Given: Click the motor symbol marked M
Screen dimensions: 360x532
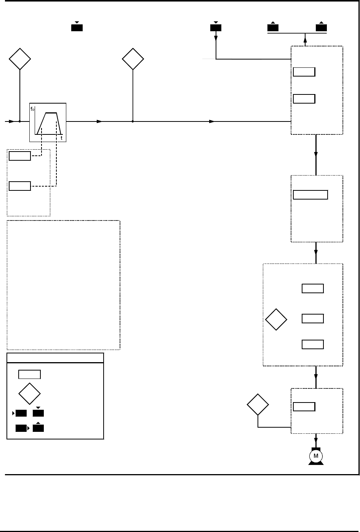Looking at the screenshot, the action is click(x=315, y=456).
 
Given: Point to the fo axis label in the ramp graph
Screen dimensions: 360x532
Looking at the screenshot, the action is click(x=32, y=109).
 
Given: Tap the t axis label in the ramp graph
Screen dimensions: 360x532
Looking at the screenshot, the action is click(x=62, y=138).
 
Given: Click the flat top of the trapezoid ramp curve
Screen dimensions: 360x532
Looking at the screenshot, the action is click(x=51, y=113).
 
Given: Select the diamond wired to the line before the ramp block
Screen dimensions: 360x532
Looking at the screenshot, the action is click(x=20, y=59).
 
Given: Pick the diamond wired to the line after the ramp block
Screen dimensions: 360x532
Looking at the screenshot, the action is click(x=133, y=59).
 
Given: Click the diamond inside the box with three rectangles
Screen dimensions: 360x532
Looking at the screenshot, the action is click(x=276, y=320).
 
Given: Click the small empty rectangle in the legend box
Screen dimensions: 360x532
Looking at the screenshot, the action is click(x=30, y=374).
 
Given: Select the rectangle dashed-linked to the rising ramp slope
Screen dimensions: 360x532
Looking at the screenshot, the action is click(x=20, y=156).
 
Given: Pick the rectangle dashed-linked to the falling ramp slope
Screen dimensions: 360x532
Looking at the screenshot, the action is click(x=20, y=186).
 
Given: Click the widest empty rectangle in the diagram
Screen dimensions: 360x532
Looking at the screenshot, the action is click(x=310, y=195).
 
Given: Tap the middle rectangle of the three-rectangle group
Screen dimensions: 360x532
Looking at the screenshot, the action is click(x=313, y=318).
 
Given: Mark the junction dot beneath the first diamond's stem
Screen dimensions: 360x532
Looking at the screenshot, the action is click(x=20, y=121).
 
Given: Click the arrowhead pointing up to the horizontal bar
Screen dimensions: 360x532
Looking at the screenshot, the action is click(x=305, y=36).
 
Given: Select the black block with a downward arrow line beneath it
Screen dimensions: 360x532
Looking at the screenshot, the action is click(x=216, y=28).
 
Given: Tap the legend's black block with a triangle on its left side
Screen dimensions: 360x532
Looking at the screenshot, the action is click(x=21, y=413).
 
